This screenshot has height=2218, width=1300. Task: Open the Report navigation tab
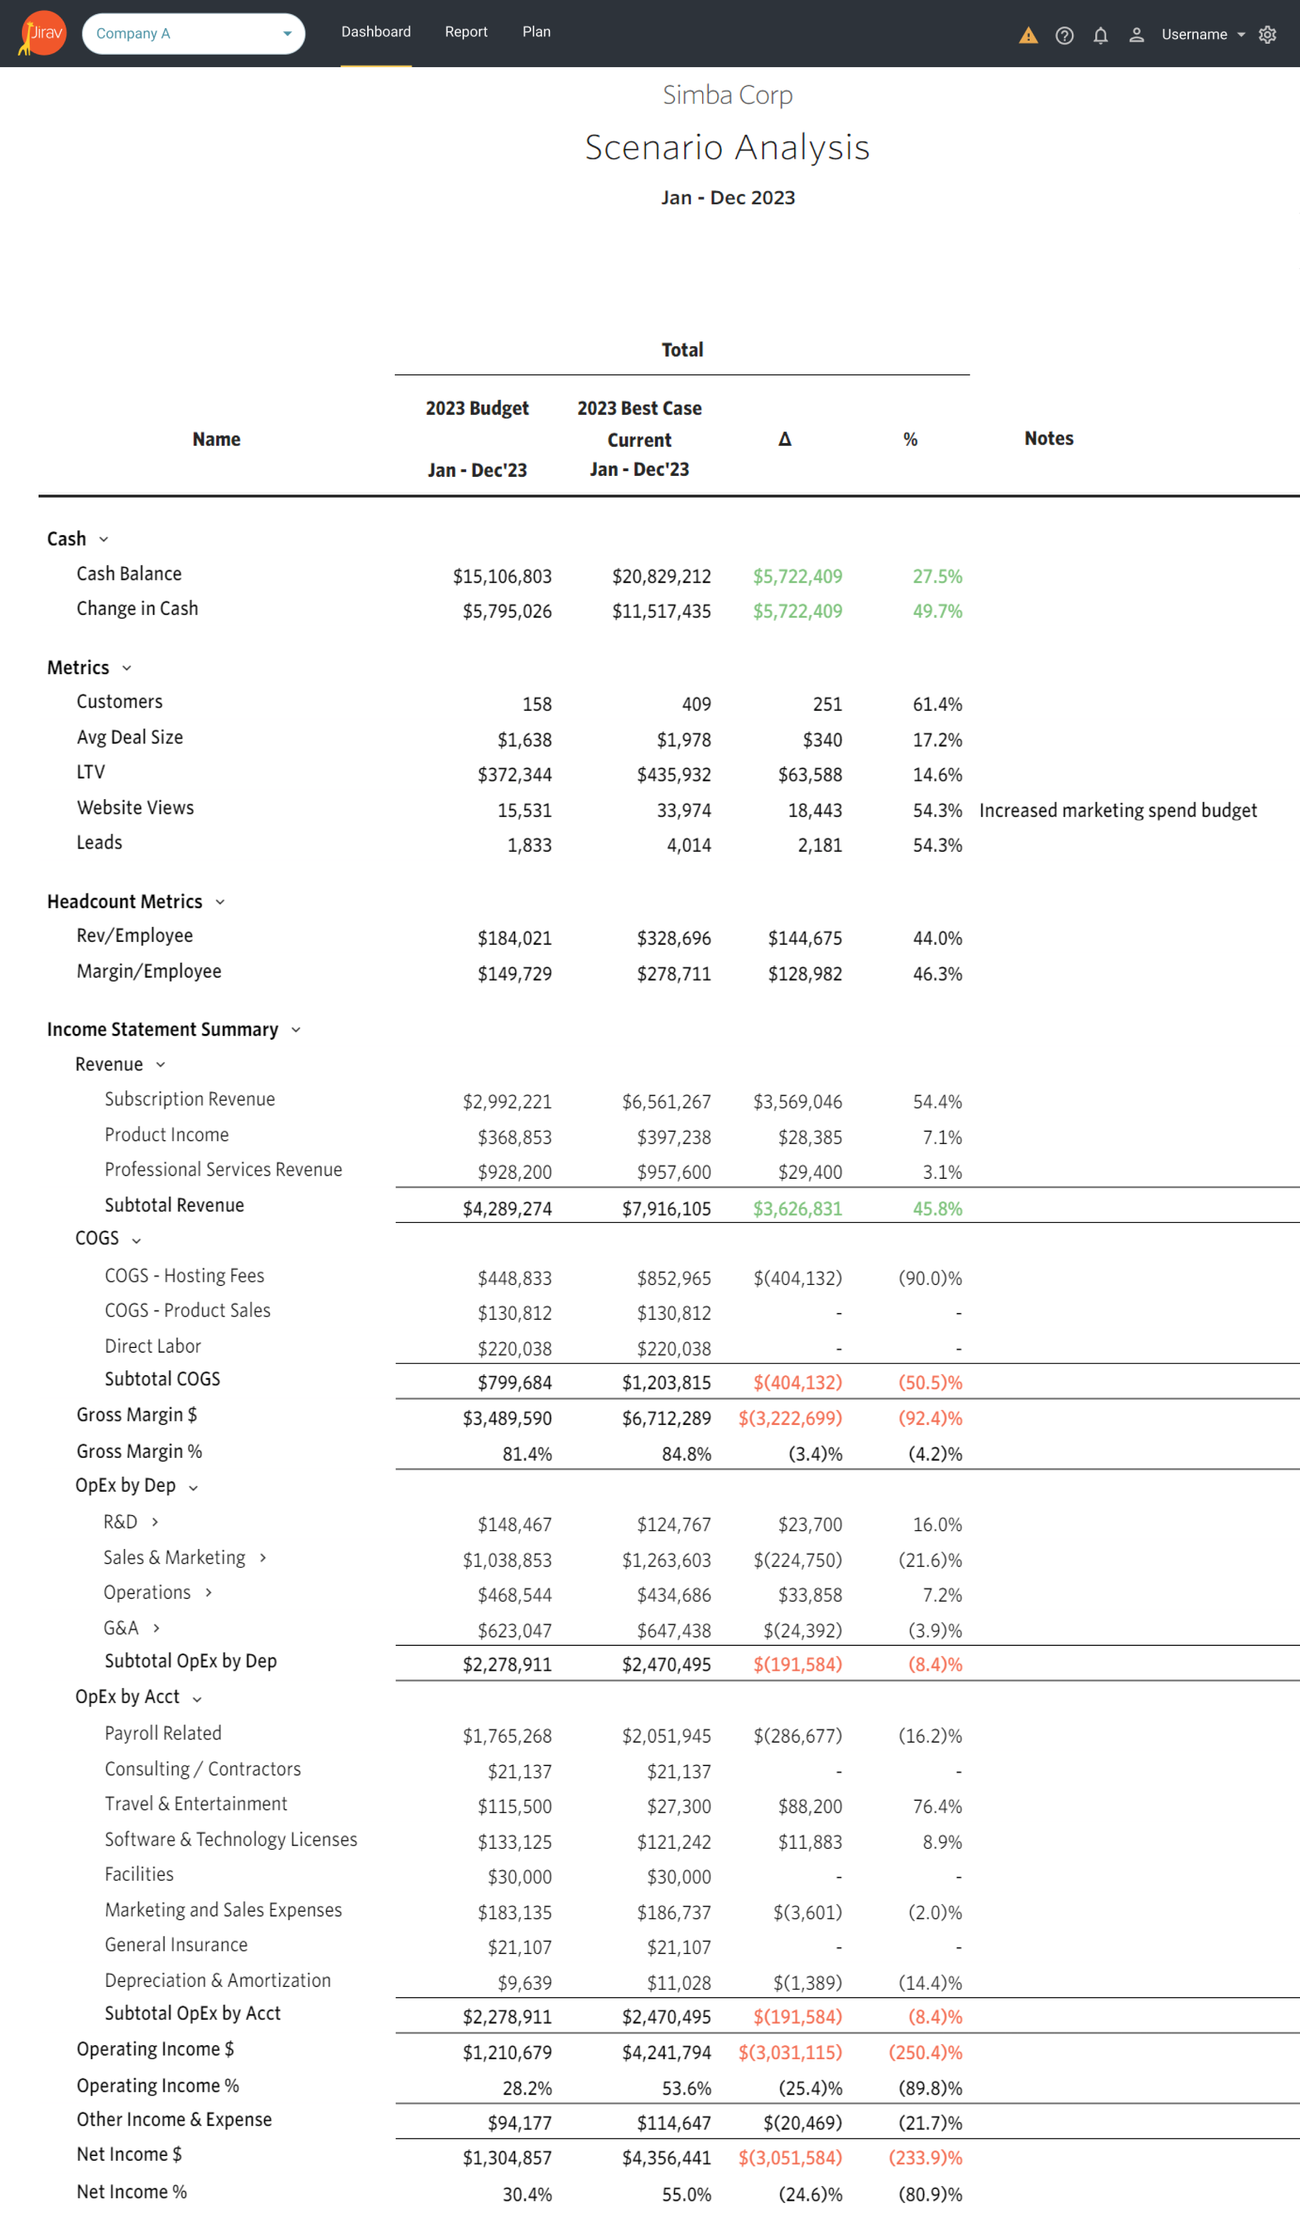[466, 32]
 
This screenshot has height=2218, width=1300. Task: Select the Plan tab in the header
[536, 32]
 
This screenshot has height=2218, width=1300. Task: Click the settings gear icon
[1267, 34]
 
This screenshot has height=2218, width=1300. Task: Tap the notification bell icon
[1100, 35]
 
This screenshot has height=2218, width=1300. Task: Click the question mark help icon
[1064, 35]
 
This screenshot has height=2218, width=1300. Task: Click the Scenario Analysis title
[727, 147]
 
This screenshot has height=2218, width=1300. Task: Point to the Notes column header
[1048, 438]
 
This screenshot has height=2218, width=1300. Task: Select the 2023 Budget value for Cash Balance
[502, 576]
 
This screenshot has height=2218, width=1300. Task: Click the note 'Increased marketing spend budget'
[1118, 811]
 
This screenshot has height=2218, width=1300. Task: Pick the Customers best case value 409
[696, 704]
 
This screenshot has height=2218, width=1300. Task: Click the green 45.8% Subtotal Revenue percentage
[938, 1208]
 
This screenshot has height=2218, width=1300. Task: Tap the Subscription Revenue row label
[189, 1099]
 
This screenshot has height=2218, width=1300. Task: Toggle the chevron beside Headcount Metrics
[220, 902]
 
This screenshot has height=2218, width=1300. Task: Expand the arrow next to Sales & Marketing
[262, 1558]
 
